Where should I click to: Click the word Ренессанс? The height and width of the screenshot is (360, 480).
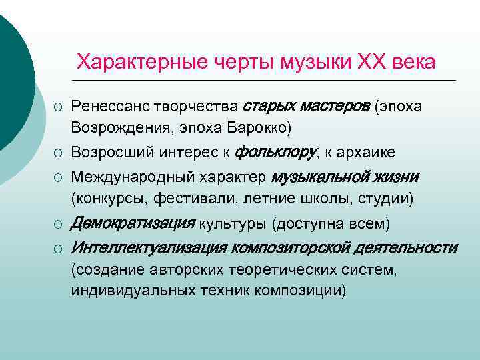coord(111,107)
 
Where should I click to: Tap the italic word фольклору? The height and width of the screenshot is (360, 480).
coord(275,152)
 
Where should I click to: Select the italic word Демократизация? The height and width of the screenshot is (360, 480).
coord(133,222)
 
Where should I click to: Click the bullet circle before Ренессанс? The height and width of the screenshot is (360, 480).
coord(59,107)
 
